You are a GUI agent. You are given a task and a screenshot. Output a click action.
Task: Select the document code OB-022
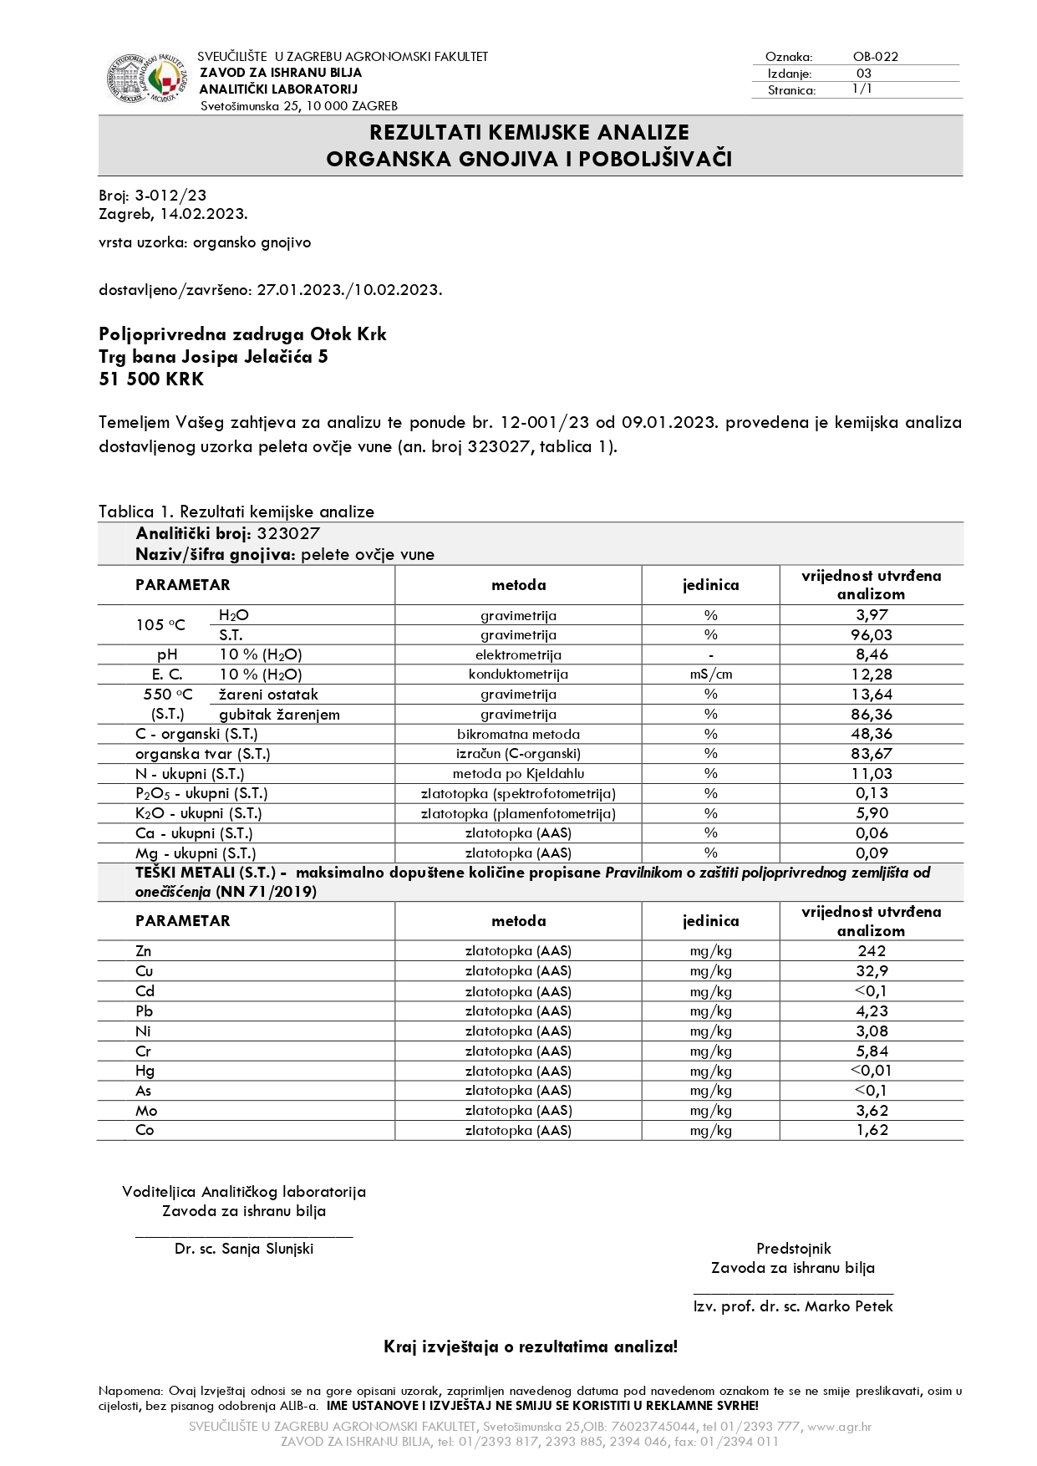(x=875, y=57)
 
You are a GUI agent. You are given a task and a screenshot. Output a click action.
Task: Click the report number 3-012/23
(x=170, y=196)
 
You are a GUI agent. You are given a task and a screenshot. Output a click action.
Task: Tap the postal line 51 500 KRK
(x=151, y=379)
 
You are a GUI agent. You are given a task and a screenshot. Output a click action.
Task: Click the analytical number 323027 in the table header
(x=288, y=534)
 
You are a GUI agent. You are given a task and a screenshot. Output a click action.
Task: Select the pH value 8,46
(x=872, y=654)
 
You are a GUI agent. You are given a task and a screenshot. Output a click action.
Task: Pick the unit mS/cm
(x=710, y=674)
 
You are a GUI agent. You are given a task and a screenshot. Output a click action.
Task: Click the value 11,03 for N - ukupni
(x=872, y=774)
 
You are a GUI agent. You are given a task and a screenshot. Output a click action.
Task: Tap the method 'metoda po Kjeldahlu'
(x=518, y=774)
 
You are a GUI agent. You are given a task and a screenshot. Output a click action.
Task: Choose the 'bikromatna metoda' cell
(x=518, y=735)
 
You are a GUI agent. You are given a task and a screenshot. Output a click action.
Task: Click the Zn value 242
(x=872, y=951)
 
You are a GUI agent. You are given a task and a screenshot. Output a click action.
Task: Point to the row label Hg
(x=145, y=1071)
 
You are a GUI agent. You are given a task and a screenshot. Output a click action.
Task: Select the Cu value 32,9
(x=872, y=971)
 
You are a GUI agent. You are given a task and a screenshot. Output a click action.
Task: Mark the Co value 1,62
(x=872, y=1130)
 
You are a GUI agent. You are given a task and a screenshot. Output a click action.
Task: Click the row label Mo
(x=146, y=1111)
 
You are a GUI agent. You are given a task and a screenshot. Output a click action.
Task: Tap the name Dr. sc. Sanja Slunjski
(x=244, y=1249)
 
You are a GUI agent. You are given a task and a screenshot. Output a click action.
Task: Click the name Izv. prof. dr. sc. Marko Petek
(x=793, y=1306)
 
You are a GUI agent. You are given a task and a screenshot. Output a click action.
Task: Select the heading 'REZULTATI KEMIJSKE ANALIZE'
(x=530, y=133)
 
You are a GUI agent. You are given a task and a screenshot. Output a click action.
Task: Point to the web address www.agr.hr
(x=839, y=1427)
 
